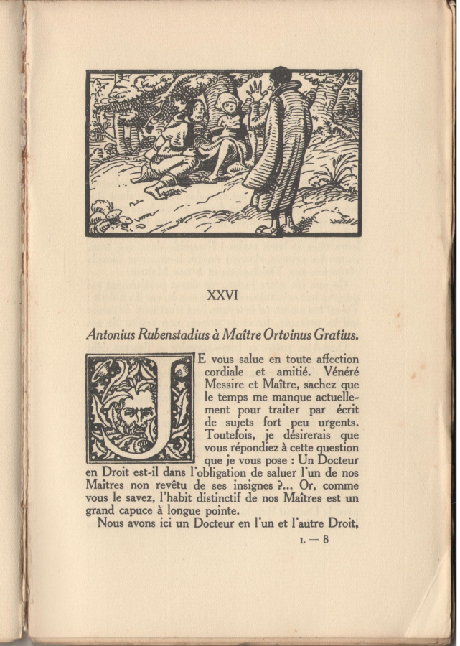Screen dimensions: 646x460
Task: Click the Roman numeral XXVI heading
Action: coord(222,295)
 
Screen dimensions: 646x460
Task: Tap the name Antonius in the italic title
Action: coord(113,335)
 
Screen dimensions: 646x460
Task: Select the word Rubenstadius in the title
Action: coord(176,335)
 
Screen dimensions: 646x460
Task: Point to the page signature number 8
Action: coord(324,540)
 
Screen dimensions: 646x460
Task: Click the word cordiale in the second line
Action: coord(228,372)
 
